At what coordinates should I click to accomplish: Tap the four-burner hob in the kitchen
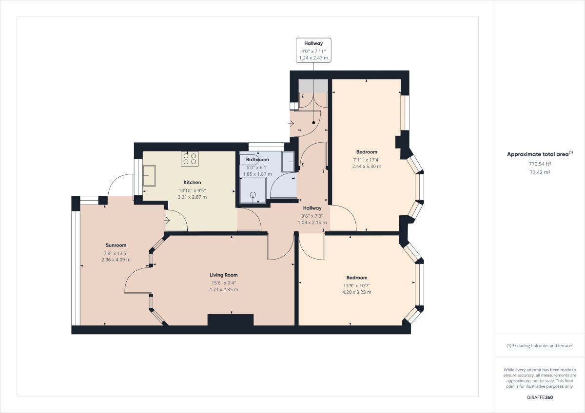(x=190, y=158)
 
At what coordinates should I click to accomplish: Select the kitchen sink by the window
(x=149, y=176)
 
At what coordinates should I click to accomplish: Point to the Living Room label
(x=224, y=275)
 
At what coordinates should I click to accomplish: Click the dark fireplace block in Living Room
(x=231, y=320)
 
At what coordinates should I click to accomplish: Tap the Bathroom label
(x=257, y=160)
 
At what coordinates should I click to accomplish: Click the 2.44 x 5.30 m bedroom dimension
(x=367, y=167)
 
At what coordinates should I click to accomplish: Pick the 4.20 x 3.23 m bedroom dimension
(x=357, y=293)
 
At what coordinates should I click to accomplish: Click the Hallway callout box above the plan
(x=314, y=51)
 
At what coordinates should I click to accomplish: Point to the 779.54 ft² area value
(x=540, y=164)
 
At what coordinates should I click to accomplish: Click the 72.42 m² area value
(x=540, y=172)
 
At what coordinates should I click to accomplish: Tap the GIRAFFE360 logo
(x=540, y=397)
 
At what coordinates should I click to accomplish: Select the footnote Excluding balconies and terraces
(x=540, y=346)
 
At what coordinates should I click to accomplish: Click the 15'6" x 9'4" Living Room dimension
(x=224, y=282)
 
